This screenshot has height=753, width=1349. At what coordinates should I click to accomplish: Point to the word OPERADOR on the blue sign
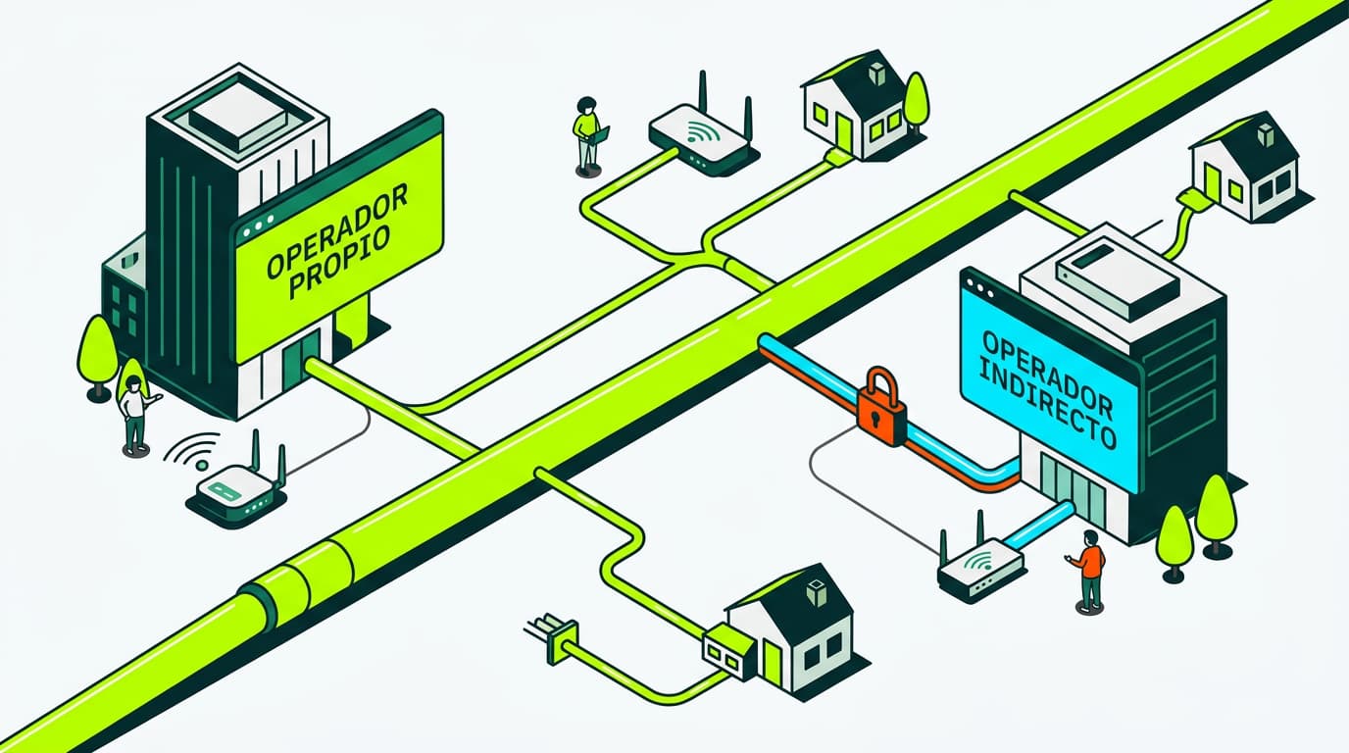click(1044, 365)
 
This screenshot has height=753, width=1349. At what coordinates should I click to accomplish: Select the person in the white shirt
click(133, 411)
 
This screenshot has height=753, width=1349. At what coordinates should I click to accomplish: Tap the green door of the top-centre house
click(843, 128)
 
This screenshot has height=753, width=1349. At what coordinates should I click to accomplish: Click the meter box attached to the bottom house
click(729, 651)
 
